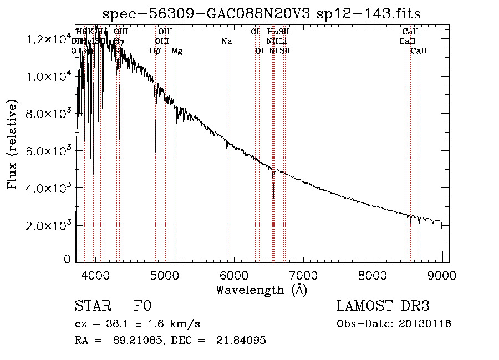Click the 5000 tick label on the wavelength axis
(165, 275)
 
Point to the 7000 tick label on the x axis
(303, 275)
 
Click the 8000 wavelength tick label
(373, 275)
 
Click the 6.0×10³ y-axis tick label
(48, 151)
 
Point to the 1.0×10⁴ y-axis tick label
(48, 77)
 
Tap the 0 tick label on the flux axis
(68, 259)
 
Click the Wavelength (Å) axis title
(261, 290)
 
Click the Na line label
(226, 41)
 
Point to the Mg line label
(177, 51)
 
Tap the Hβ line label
(155, 51)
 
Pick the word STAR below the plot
(92, 306)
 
